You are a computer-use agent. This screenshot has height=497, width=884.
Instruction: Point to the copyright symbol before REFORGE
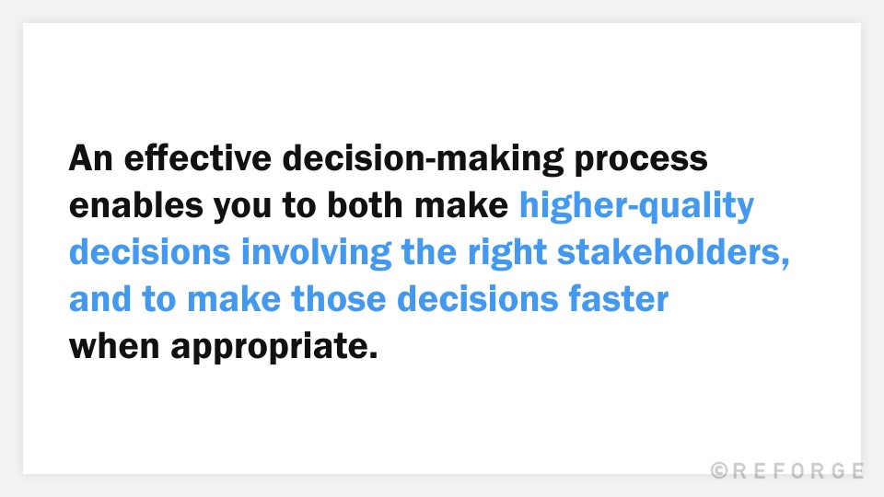coord(720,471)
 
